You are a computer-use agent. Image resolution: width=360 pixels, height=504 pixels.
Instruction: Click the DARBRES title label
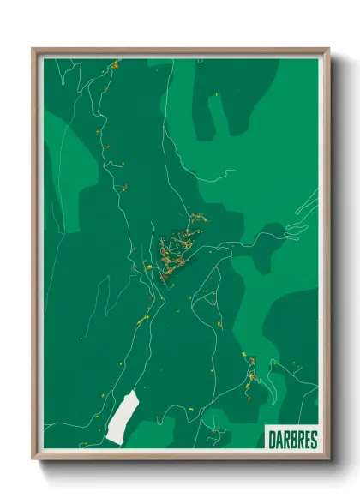[x=292, y=440]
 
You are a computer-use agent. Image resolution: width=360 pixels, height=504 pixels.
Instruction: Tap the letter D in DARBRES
[x=272, y=440]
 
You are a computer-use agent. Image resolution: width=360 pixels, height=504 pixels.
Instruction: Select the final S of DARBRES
[x=314, y=440]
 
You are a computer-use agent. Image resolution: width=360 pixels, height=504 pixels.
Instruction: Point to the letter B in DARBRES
[x=292, y=440]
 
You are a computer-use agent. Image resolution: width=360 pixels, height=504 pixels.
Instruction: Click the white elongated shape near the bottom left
[x=123, y=418]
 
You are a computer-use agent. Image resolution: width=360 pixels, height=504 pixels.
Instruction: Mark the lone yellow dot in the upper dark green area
[x=218, y=94]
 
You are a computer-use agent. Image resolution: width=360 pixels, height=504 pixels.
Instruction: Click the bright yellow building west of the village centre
[x=147, y=268]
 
